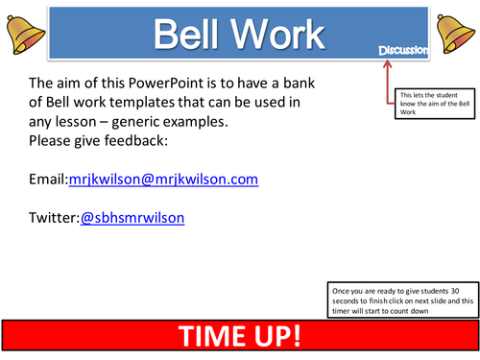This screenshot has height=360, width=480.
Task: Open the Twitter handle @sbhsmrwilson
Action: [132, 218]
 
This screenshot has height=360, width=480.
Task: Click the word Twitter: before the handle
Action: [55, 218]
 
